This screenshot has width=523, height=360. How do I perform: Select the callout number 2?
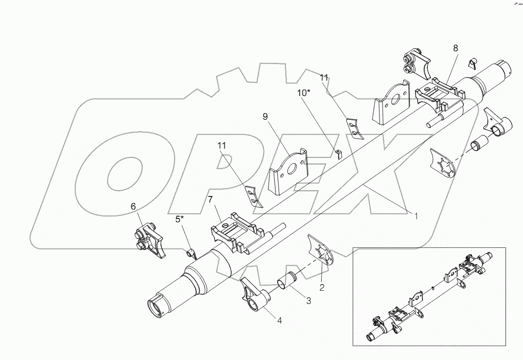[322, 288]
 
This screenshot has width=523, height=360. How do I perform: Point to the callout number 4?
[279, 320]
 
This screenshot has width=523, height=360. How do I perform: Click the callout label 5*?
[180, 219]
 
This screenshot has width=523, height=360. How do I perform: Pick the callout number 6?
[134, 206]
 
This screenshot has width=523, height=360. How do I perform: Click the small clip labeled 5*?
[190, 253]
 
